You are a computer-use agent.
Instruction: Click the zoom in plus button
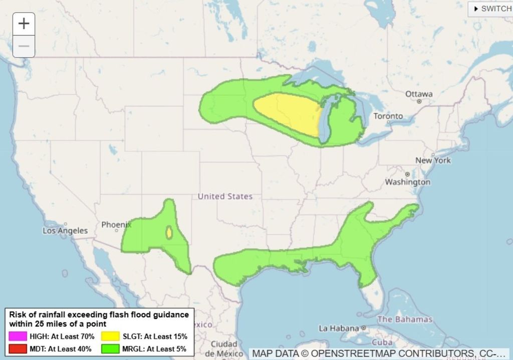(x=24, y=24)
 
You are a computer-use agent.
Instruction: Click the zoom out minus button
(x=24, y=47)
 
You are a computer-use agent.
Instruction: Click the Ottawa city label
(x=419, y=94)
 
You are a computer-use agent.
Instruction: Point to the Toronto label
(x=388, y=116)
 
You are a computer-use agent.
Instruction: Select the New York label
(x=433, y=160)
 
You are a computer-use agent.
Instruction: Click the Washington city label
(x=407, y=182)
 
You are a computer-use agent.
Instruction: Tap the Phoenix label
(x=116, y=225)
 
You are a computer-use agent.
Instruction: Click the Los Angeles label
(x=65, y=231)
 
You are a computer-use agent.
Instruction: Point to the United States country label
(x=225, y=196)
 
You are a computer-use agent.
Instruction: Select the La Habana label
(x=339, y=328)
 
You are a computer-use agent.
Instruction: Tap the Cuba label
(x=382, y=342)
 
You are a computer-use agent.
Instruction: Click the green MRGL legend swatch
(x=110, y=348)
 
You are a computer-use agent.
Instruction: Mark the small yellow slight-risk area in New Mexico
(x=169, y=233)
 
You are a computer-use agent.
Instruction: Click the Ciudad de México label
(x=223, y=349)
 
